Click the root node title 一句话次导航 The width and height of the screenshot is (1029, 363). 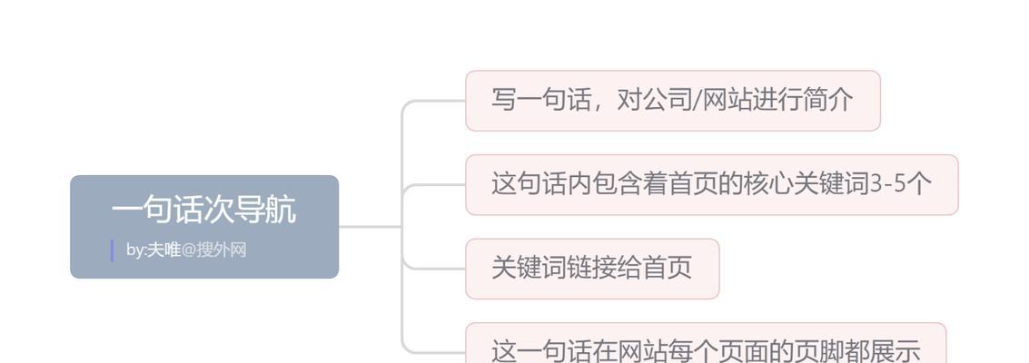click(204, 211)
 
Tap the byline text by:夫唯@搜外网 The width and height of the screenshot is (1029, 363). click(186, 250)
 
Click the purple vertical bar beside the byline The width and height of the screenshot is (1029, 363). click(113, 250)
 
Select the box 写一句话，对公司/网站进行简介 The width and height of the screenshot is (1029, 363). click(673, 101)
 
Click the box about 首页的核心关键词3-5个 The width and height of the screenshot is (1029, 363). click(712, 185)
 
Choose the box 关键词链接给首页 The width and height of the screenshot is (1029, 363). click(592, 269)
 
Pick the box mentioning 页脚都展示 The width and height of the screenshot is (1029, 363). click(706, 343)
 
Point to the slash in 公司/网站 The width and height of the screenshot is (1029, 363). click(698, 100)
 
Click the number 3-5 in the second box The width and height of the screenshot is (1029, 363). click(888, 184)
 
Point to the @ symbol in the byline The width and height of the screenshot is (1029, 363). click(188, 250)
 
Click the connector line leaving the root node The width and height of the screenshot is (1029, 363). click(371, 227)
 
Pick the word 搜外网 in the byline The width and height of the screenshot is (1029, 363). click(222, 250)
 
